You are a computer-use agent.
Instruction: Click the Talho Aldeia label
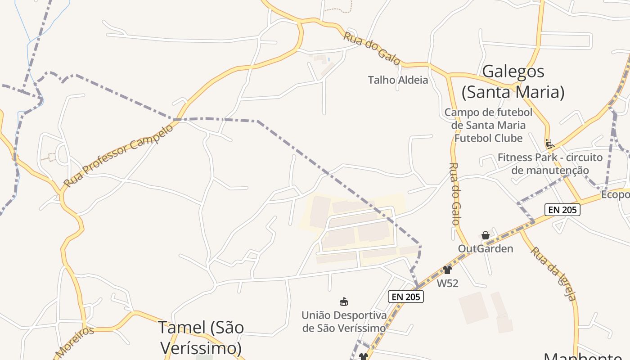click(398, 80)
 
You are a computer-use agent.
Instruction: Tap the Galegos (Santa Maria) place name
click(513, 81)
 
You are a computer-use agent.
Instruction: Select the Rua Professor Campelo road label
click(118, 156)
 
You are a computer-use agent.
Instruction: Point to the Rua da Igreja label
click(553, 273)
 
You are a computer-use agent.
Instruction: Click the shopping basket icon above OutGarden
click(485, 235)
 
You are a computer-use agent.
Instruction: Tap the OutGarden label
click(485, 248)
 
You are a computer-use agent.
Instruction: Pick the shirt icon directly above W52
click(447, 270)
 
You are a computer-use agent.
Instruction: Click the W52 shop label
click(447, 283)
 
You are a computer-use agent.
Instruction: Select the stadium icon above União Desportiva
click(344, 301)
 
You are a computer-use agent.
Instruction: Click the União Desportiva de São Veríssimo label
click(344, 321)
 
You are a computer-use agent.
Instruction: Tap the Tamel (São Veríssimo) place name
click(201, 337)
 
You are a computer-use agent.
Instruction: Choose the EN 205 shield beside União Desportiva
click(405, 297)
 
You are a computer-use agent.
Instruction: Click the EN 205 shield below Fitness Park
click(562, 209)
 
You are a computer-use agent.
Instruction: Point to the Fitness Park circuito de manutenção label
click(550, 164)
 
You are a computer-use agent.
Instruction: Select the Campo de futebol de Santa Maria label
click(488, 125)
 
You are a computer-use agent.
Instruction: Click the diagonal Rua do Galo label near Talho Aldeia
click(372, 48)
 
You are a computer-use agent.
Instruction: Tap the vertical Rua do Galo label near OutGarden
click(454, 193)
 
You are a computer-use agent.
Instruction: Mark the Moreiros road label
click(75, 342)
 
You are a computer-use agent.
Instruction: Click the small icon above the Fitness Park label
click(549, 144)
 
